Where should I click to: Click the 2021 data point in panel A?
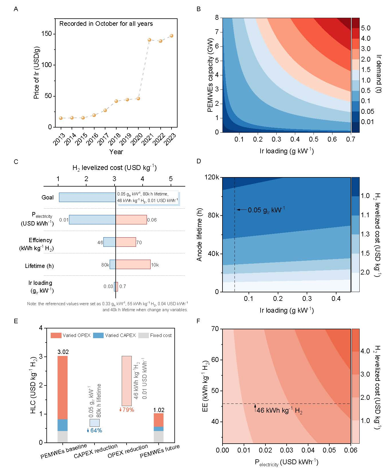[149, 40]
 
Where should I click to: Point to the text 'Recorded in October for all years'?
[106, 24]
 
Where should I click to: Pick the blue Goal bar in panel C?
[87, 197]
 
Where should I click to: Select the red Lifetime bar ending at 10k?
[133, 264]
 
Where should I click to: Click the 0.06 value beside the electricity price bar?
[152, 220]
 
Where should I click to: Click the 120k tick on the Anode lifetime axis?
[212, 177]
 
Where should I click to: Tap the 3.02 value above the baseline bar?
[63, 352]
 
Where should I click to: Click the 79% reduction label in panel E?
[127, 410]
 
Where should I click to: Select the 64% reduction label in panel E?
[94, 430]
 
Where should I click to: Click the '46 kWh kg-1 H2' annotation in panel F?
[279, 410]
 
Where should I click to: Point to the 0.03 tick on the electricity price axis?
[287, 450]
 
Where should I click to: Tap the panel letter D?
[199, 162]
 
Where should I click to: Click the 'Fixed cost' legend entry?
[161, 335]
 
